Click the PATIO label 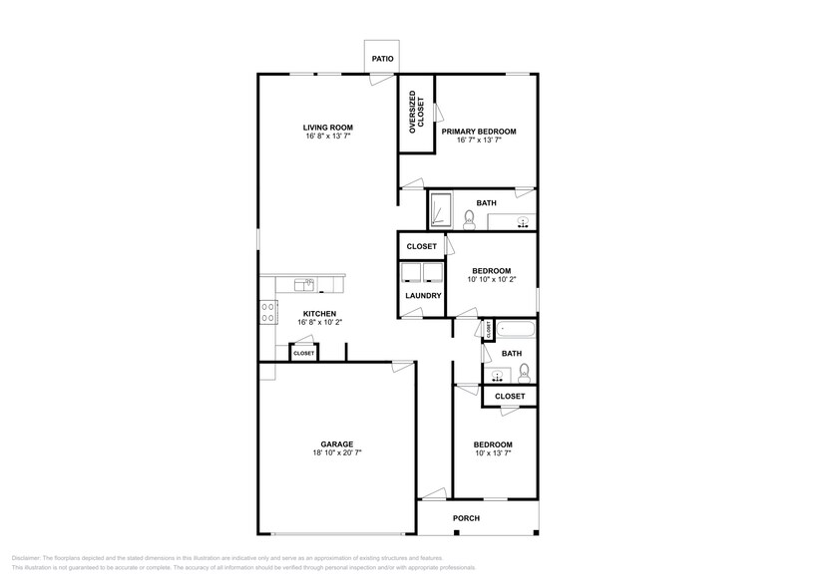pos(382,60)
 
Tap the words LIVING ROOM pos(328,128)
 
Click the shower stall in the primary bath pos(442,210)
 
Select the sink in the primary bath pos(522,222)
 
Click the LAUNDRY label pos(423,295)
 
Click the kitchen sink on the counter pos(304,285)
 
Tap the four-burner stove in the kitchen pos(268,312)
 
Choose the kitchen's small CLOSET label pos(303,353)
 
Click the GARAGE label pos(336,444)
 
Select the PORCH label pos(466,518)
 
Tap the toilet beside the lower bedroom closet pos(524,373)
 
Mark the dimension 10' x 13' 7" pos(493,452)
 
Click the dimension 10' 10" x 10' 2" pos(492,279)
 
